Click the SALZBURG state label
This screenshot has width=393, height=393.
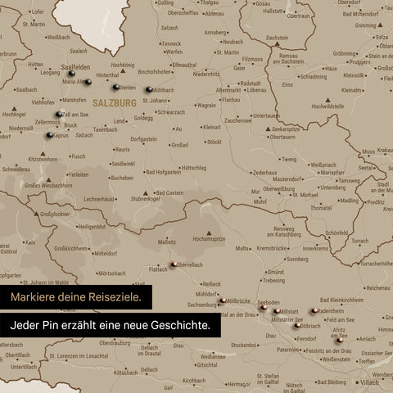tap(115, 103)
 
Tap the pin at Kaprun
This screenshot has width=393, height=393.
tap(50, 134)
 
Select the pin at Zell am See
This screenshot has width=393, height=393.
tap(59, 115)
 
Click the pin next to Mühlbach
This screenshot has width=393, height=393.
tap(148, 89)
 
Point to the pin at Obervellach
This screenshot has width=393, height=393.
tap(175, 264)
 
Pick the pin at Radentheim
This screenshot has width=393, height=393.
tap(314, 311)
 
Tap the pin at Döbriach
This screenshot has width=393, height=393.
tap(296, 325)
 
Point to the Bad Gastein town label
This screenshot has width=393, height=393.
tap(169, 192)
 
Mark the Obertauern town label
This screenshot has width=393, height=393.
tap(282, 137)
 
